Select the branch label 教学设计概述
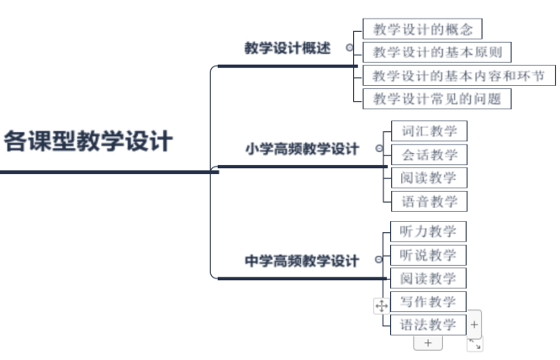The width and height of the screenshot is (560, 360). tap(288, 48)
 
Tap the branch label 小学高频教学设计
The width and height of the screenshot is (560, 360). tap(302, 149)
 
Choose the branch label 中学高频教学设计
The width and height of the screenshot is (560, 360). tap(302, 261)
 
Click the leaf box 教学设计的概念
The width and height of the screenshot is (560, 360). tap(423, 30)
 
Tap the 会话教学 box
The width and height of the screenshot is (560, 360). tap(429, 154)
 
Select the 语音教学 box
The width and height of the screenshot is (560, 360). tap(429, 201)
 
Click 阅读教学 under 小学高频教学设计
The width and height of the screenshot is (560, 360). tap(429, 177)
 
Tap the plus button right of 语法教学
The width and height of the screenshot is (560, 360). tap(475, 324)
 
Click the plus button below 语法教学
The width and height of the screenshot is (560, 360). tap(428, 343)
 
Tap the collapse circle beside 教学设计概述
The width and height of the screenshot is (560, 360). tap(350, 48)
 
